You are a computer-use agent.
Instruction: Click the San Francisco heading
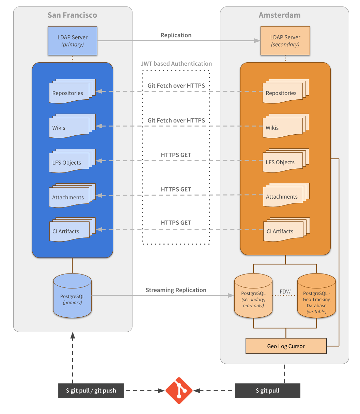click(x=72, y=15)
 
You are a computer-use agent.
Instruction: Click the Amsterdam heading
click(x=279, y=15)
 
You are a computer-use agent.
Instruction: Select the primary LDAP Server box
click(x=73, y=41)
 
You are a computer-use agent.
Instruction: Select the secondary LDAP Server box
click(x=285, y=41)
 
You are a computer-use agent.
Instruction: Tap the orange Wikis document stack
click(x=284, y=126)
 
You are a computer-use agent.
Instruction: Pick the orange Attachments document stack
click(x=284, y=195)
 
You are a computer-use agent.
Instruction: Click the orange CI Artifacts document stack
click(x=284, y=230)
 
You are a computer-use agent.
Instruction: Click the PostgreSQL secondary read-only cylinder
click(x=253, y=297)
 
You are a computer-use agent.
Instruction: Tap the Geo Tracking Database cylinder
click(x=316, y=297)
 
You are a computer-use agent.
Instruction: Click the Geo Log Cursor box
click(x=286, y=346)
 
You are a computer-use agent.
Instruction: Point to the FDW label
click(x=285, y=292)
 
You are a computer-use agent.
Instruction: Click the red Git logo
click(x=179, y=391)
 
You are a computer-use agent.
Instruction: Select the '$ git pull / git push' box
click(x=91, y=391)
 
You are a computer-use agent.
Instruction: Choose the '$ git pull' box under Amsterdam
click(x=267, y=391)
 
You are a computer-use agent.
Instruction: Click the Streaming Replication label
click(x=176, y=290)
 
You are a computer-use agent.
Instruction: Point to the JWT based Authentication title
click(x=176, y=64)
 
